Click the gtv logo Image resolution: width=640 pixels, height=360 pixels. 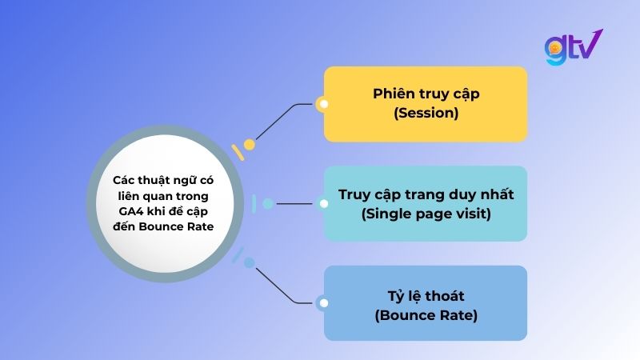pyautogui.click(x=572, y=48)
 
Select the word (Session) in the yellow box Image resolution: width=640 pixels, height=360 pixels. pyautogui.click(x=426, y=114)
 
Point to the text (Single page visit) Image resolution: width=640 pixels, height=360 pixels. pyautogui.click(x=426, y=214)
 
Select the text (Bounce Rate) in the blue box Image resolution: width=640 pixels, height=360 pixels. pyautogui.click(x=426, y=315)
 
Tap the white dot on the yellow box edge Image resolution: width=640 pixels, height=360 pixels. pyautogui.click(x=323, y=104)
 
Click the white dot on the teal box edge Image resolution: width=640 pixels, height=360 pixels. pyautogui.click(x=323, y=203)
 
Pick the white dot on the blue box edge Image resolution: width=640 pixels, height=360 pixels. pyautogui.click(x=323, y=302)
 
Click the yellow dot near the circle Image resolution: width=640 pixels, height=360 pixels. pyautogui.click(x=250, y=145)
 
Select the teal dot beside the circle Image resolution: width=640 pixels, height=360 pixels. pyautogui.click(x=268, y=203)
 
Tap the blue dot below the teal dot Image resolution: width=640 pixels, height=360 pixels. pyautogui.click(x=250, y=262)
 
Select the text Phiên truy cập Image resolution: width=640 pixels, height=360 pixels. pyautogui.click(x=426, y=94)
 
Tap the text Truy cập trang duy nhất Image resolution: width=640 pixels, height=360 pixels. pyautogui.click(x=426, y=194)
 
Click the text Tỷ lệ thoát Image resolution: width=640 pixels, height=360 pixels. pyautogui.click(x=426, y=295)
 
